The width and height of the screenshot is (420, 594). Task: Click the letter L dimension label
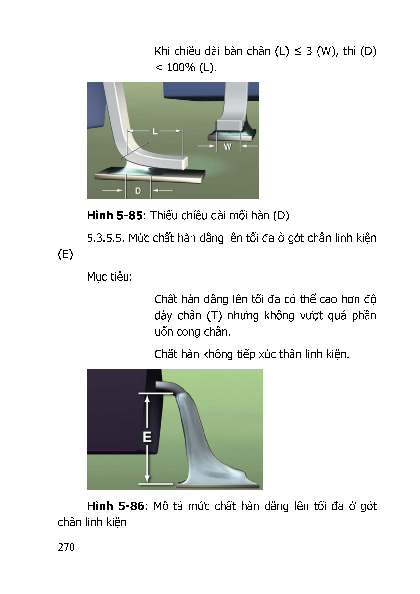[x=155, y=131]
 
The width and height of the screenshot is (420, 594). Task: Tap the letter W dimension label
[x=228, y=147]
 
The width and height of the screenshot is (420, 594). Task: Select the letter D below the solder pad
[x=138, y=191]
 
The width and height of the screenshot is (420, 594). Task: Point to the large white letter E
[x=147, y=437]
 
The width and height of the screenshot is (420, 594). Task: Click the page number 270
[x=66, y=547]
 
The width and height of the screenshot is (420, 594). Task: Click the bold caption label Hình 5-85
[x=115, y=215]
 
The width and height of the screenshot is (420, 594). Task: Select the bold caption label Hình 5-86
[x=115, y=506]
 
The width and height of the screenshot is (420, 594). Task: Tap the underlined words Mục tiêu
[x=108, y=277]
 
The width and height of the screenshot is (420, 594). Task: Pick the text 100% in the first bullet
[x=181, y=67]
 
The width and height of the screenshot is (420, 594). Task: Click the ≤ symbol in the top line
[x=298, y=52]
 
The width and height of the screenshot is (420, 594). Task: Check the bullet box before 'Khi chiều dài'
[x=141, y=52]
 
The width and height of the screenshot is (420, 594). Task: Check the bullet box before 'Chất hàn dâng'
[x=141, y=300]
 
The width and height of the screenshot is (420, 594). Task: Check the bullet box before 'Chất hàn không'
[x=141, y=354]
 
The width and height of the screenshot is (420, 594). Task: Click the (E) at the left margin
[x=65, y=255]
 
